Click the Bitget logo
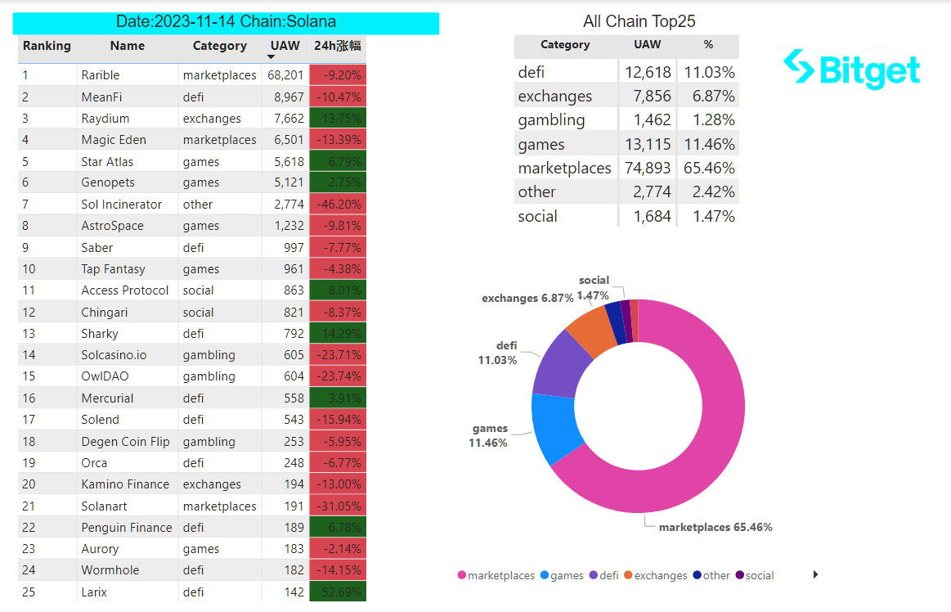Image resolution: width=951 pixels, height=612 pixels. coord(851,70)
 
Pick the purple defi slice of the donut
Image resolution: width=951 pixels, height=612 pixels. coord(561,363)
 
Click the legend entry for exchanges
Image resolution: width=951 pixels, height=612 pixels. coord(656,575)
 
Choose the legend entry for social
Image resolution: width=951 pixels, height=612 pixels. coord(755,575)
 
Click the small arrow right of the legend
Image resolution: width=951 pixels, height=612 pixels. coord(816,574)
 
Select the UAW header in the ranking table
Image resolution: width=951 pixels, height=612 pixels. coord(285,46)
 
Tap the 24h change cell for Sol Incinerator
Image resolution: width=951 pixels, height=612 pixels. coord(338,205)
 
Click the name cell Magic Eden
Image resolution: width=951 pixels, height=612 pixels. coord(114,140)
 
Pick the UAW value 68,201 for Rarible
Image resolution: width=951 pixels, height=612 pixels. coord(285,75)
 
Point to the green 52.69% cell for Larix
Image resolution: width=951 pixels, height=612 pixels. coord(338,592)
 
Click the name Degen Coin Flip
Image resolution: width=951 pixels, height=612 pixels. coord(126,441)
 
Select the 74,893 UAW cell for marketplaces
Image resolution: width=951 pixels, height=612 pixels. coord(648,169)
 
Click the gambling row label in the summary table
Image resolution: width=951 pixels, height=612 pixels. coord(551,120)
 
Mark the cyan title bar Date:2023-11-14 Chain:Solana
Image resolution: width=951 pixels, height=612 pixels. coord(226,23)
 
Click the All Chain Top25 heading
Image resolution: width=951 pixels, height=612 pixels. coord(639,21)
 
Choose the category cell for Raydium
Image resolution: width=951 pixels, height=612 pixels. coord(212,119)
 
